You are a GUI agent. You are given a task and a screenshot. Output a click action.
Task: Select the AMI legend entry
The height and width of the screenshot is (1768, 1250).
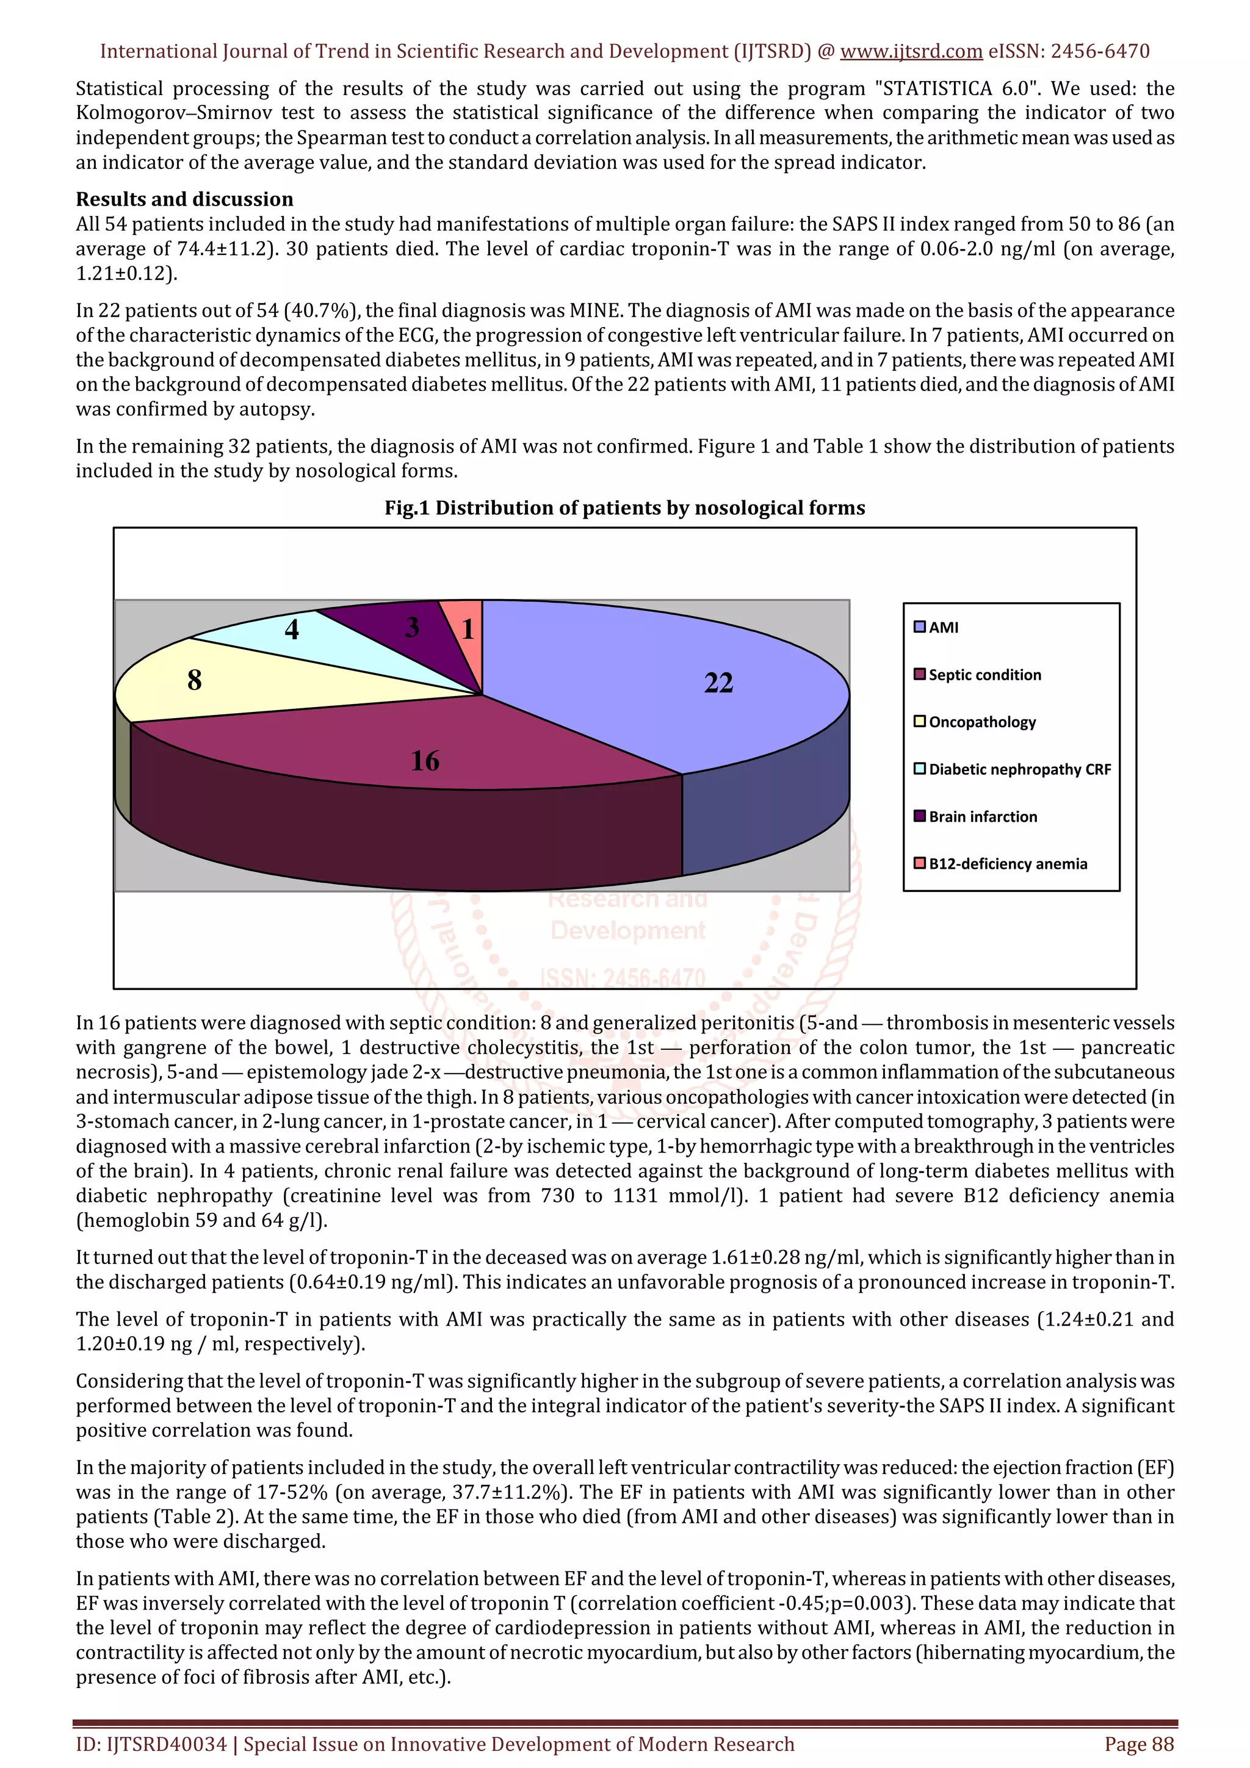tap(944, 627)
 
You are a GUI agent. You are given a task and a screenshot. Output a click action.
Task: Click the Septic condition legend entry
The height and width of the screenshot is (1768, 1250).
tap(984, 675)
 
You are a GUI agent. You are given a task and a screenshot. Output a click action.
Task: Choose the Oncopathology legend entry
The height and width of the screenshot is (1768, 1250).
tap(982, 722)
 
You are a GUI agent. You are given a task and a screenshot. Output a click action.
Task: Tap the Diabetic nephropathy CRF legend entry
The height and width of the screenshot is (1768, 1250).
tap(1019, 769)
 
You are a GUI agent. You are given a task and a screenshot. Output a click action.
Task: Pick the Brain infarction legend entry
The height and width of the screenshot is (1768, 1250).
tap(983, 816)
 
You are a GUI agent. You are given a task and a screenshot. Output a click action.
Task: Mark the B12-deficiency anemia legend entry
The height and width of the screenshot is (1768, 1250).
tap(1008, 864)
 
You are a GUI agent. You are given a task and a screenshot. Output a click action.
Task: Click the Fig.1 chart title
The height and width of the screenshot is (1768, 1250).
tap(624, 508)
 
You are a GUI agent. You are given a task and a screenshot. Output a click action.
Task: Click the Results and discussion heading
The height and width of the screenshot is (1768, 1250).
tap(184, 199)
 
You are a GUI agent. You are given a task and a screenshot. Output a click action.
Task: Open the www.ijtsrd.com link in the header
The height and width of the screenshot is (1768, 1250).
tap(911, 52)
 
